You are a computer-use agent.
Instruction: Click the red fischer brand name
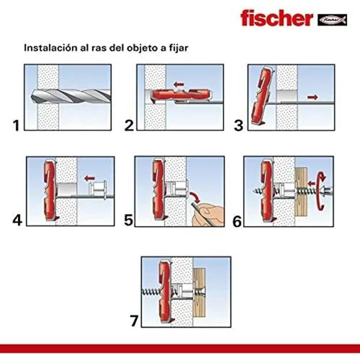pos(275,18)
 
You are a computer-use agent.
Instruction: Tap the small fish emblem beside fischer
pos(332,19)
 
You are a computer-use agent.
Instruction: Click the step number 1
pos(16,126)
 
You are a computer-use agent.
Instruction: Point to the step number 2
pos(128,126)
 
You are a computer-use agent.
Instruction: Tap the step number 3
pos(239,126)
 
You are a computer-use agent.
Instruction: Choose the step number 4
pos(17,220)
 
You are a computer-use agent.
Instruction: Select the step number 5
pos(128,220)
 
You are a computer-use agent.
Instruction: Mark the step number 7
pos(133,320)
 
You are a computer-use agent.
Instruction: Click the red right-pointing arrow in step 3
pos(311,95)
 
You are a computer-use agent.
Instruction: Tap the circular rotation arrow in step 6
pos(323,191)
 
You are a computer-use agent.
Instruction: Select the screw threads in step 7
pos(154,291)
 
